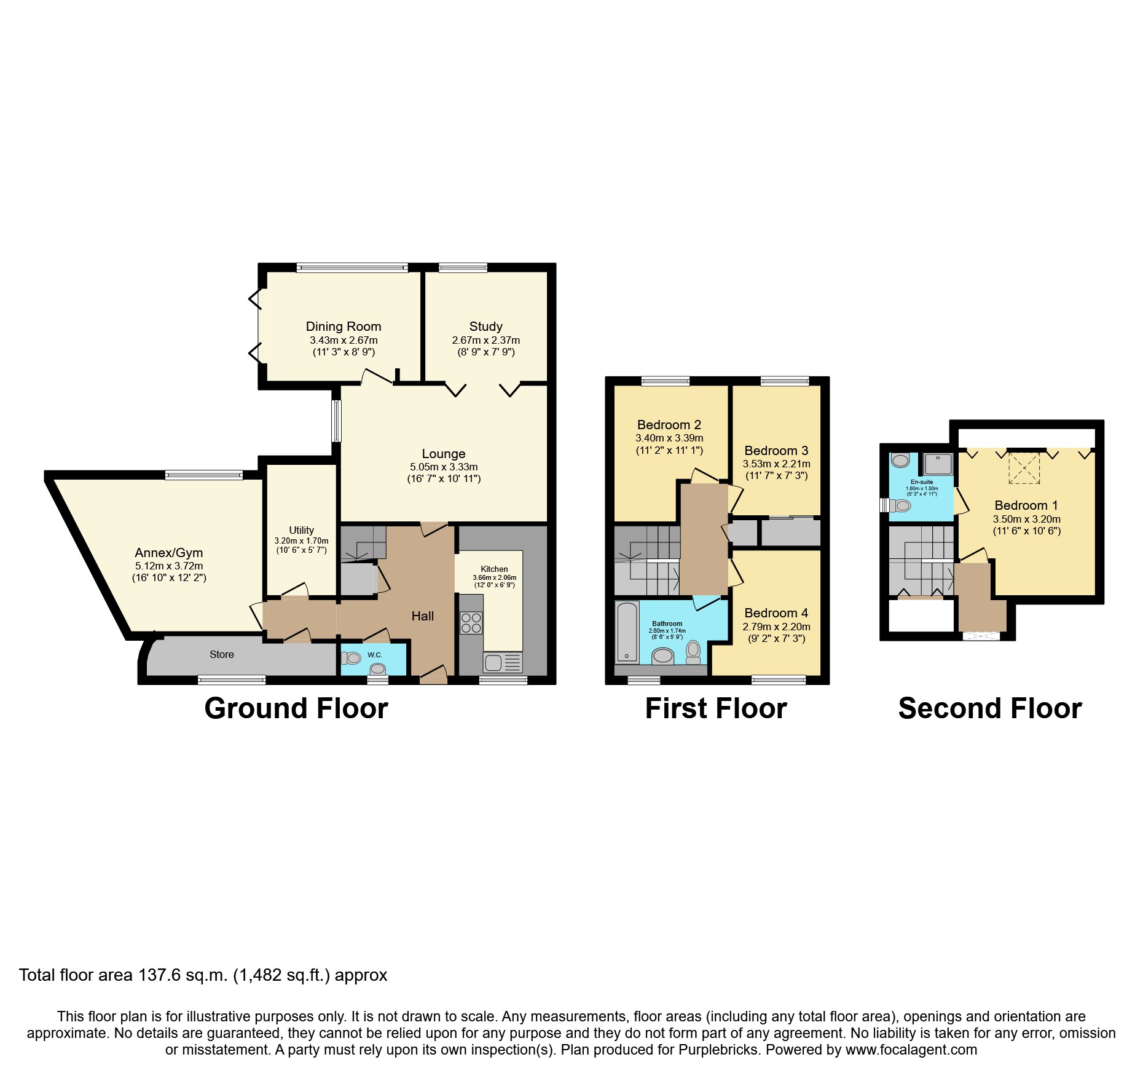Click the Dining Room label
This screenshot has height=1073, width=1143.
[x=343, y=327]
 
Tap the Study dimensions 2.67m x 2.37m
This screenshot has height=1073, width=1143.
[x=485, y=340]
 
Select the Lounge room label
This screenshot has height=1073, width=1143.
[x=443, y=454]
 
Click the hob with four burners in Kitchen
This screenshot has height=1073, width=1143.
[x=471, y=622]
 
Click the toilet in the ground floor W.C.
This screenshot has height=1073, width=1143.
[x=352, y=658]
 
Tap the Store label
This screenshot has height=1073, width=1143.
[x=221, y=654]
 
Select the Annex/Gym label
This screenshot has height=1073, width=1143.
[x=168, y=552]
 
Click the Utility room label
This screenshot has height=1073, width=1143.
[x=301, y=530]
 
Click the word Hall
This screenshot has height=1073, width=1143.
[x=423, y=616]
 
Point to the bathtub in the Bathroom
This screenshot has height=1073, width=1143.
[x=627, y=632]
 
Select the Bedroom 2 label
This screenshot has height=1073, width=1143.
[x=669, y=425]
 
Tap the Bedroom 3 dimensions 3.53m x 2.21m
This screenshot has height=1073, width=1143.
[x=776, y=464]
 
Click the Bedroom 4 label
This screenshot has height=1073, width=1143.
[x=776, y=613]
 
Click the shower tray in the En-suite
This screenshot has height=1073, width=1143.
[x=938, y=465]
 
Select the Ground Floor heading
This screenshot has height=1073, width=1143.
[x=296, y=708]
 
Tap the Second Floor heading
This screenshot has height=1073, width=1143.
[x=989, y=708]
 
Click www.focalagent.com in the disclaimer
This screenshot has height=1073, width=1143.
[x=911, y=1050]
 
